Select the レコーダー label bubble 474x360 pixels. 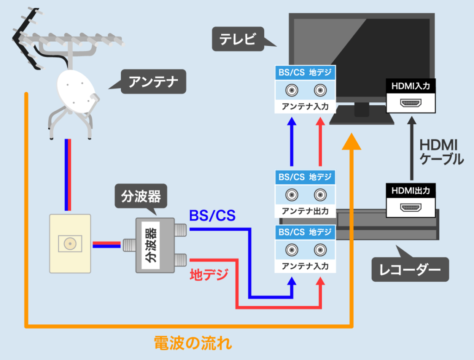pos(410,269)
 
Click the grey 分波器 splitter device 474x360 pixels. pos(153,246)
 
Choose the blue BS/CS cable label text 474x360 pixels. pos(212,215)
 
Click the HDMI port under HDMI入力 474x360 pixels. pos(410,103)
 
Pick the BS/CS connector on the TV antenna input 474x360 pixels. pos(292,90)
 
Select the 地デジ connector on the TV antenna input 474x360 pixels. pos(319,90)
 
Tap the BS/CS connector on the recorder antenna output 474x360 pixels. pos(292,195)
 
